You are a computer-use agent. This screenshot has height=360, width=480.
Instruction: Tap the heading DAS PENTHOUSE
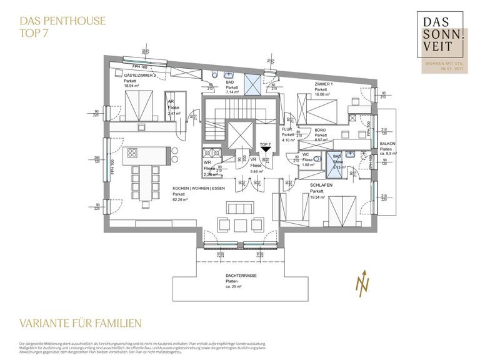coord(58,21)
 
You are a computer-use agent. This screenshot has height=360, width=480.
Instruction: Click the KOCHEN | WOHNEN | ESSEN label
coord(198,188)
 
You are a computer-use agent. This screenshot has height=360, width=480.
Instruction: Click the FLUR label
coord(287,129)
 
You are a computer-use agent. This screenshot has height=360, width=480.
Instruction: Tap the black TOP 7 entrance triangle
coord(265,149)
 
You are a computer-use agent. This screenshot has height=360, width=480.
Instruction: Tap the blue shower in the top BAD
coord(252,83)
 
